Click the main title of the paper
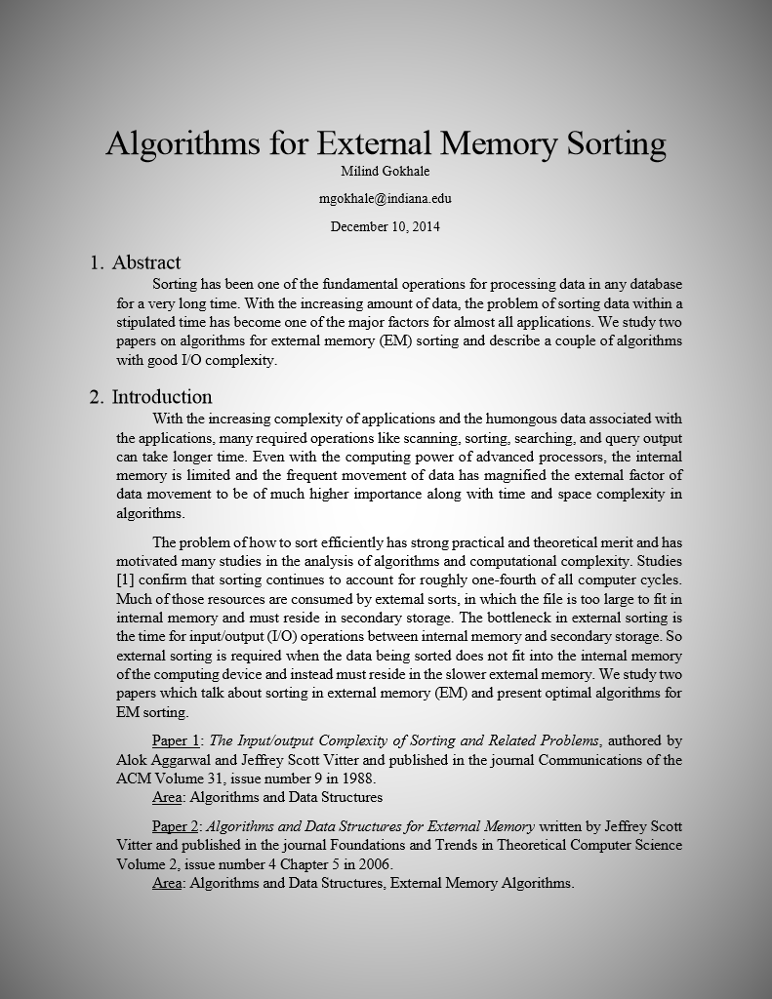click(x=386, y=142)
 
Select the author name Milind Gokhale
click(x=385, y=172)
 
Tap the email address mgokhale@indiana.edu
click(x=385, y=199)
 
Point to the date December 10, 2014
click(x=385, y=226)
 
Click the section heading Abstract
click(x=145, y=262)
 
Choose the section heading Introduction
click(x=161, y=397)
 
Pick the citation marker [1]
click(x=125, y=580)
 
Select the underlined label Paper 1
click(x=176, y=740)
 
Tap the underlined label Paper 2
click(x=176, y=827)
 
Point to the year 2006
click(x=375, y=864)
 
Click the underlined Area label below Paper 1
click(x=167, y=796)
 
